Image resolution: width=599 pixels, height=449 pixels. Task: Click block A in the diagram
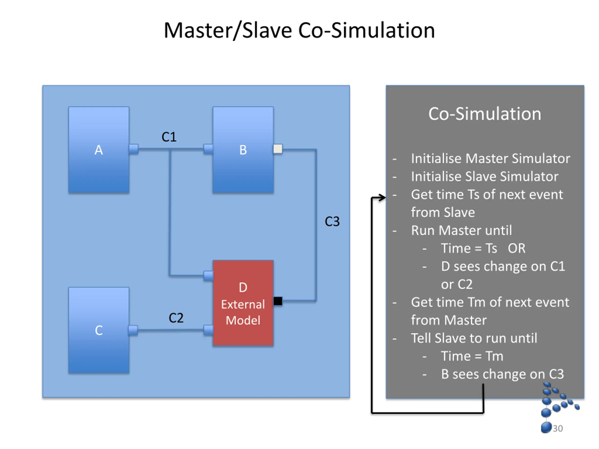coord(99,150)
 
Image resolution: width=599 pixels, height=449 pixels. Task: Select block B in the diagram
coord(243,150)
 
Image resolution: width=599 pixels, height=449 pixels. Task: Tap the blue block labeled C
coord(99,330)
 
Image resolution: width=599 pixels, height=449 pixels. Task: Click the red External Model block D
coord(243,303)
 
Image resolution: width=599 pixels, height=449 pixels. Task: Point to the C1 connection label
coord(169,137)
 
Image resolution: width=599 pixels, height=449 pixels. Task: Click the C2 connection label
coord(176,318)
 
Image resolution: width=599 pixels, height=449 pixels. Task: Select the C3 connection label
coord(332,221)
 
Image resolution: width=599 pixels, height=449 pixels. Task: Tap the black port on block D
coord(278,301)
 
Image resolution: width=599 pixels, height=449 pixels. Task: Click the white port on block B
coord(278,149)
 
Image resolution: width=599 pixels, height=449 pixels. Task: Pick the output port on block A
coord(134,149)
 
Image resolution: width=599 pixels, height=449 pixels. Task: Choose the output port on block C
coord(133,330)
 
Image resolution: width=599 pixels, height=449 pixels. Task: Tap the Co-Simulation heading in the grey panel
coord(485,114)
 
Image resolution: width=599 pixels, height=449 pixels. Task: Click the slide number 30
coord(558,428)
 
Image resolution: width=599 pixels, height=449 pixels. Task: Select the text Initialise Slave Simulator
coord(485,177)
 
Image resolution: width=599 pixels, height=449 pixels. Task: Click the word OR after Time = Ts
coord(517,248)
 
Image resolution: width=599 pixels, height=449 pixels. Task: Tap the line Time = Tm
coord(472,356)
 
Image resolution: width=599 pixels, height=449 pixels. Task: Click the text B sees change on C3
coord(502,374)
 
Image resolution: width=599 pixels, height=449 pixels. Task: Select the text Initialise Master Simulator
coord(491,159)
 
